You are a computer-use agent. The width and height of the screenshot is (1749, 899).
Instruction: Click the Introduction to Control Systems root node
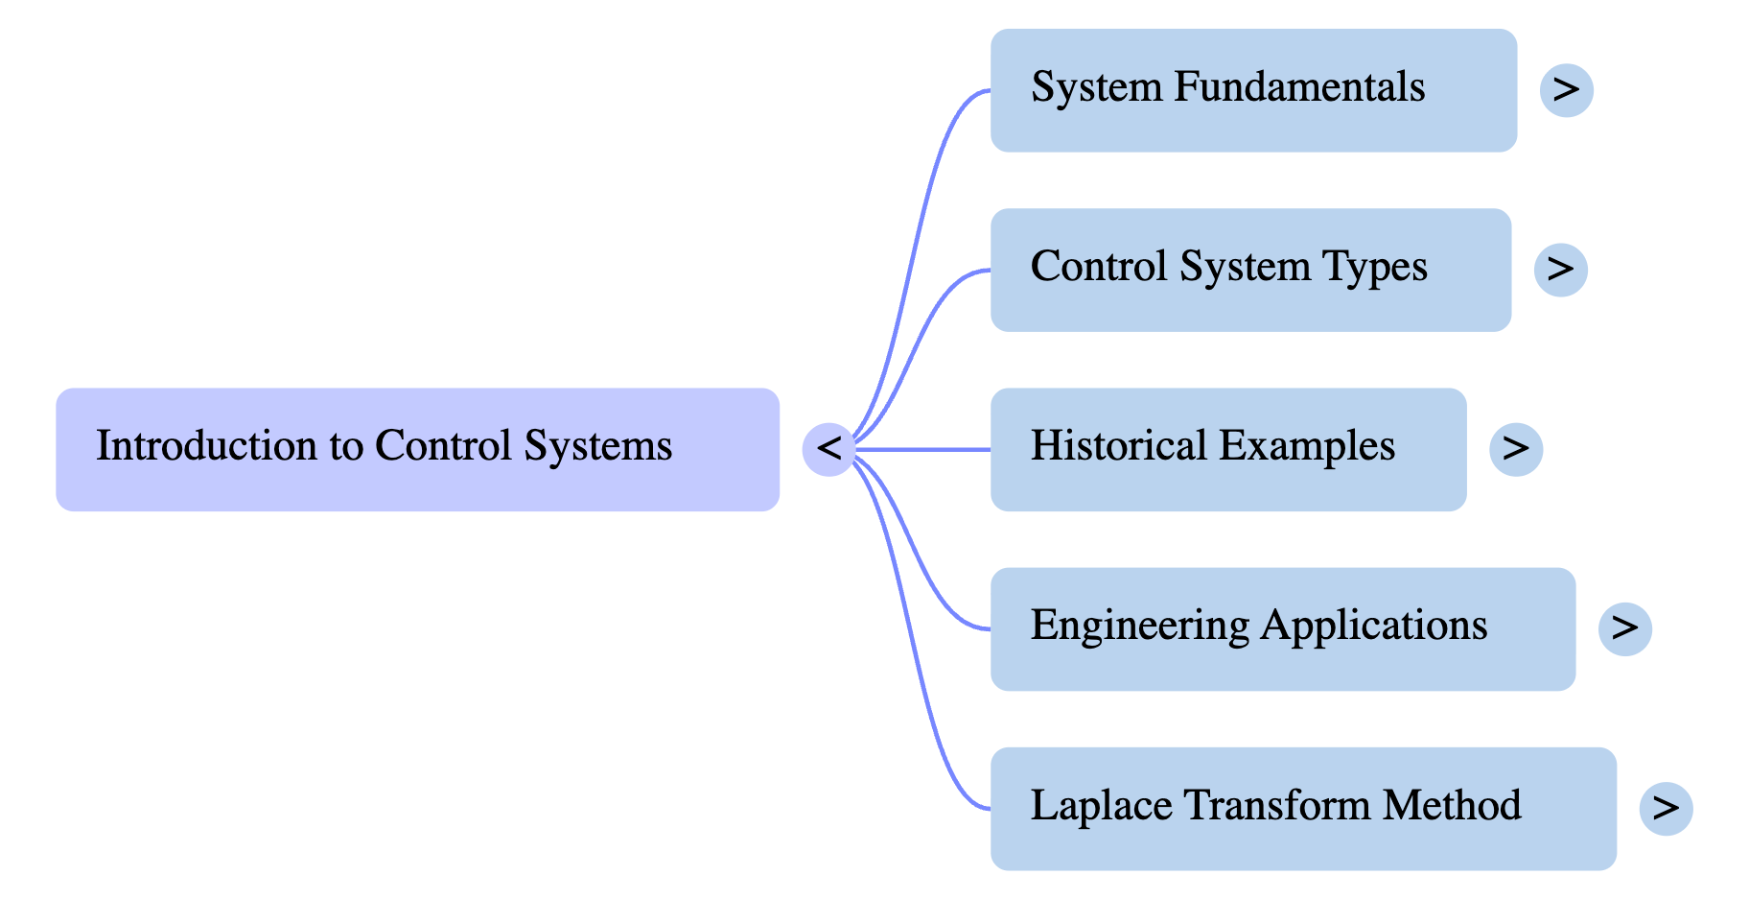click(x=417, y=449)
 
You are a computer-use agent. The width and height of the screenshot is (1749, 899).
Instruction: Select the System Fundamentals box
click(x=1253, y=90)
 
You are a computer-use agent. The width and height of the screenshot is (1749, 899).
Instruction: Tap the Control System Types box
click(x=1250, y=270)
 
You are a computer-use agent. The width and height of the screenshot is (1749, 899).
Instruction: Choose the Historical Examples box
click(x=1227, y=449)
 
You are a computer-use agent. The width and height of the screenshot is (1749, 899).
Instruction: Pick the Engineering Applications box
click(x=1282, y=628)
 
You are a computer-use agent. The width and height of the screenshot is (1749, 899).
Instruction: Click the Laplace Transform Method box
click(x=1303, y=808)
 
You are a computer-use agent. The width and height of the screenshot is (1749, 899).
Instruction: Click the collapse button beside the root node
click(x=828, y=449)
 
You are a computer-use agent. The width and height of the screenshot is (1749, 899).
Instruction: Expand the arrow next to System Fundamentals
click(x=1566, y=90)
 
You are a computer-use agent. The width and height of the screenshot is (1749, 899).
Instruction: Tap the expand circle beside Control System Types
click(x=1560, y=270)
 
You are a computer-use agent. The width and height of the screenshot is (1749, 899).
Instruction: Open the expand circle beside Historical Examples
click(x=1516, y=449)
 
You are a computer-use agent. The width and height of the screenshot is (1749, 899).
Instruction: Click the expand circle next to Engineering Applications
click(x=1624, y=628)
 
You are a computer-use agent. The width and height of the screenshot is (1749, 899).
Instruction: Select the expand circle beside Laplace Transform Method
click(x=1666, y=808)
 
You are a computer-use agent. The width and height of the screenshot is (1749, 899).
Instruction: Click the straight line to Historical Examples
click(x=921, y=449)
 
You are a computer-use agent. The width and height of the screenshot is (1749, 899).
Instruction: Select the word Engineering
click(x=1139, y=627)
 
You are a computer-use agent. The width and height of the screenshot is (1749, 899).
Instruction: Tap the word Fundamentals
click(x=1299, y=87)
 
